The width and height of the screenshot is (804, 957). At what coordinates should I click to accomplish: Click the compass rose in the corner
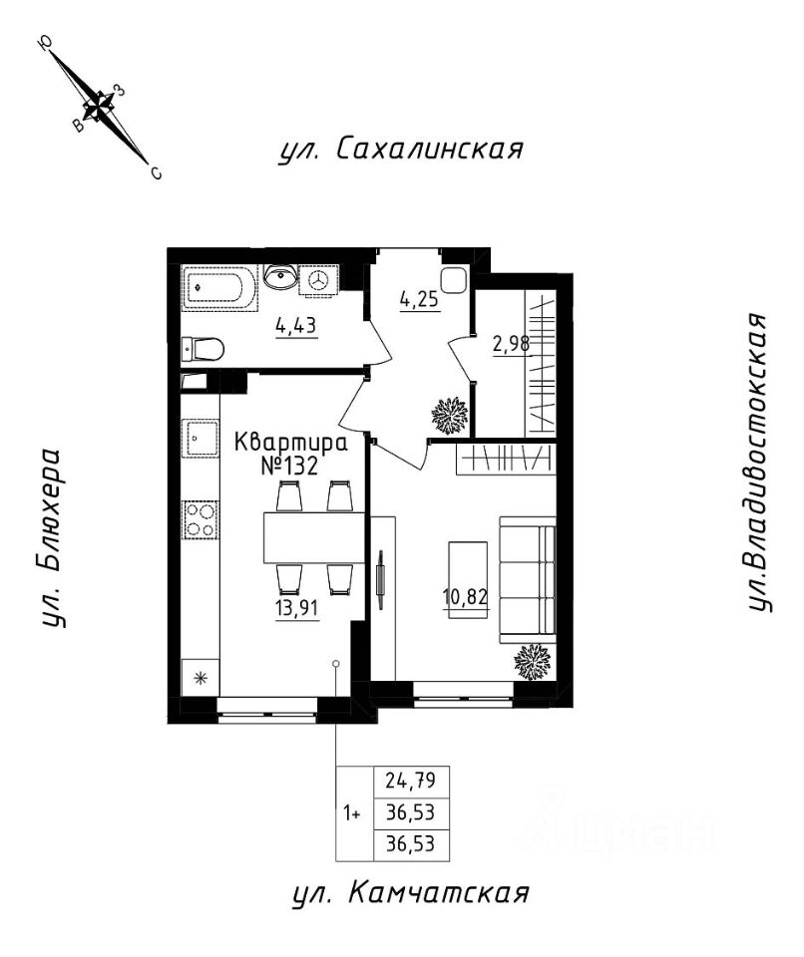pos(100,107)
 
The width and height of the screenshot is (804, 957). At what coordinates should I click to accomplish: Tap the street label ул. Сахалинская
pos(401,149)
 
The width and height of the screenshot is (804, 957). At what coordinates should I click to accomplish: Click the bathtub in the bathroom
pos(219,287)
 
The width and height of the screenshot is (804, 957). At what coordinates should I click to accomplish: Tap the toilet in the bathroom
pos(202,350)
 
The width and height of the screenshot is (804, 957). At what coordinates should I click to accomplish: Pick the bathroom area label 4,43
pos(296,326)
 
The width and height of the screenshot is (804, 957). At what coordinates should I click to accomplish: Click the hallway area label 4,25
pos(420,301)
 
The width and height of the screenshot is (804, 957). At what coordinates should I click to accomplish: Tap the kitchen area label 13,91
pos(297,608)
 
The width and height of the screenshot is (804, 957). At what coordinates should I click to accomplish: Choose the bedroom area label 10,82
pos(467,597)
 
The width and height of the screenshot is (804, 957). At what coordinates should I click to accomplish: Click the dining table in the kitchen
pos(314,537)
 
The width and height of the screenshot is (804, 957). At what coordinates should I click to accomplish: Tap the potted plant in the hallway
pos(450,417)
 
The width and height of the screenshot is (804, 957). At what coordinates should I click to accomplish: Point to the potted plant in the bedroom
pos(533,662)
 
